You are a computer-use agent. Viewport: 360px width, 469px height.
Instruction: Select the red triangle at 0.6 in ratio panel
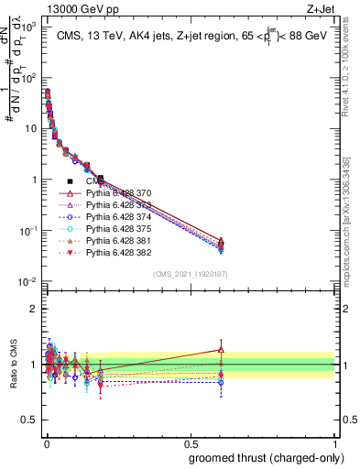(220, 349)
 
